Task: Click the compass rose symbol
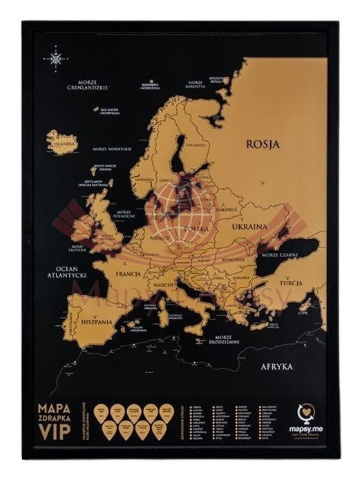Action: [55, 58]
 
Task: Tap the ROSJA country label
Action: [262, 144]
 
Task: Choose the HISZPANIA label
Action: [85, 322]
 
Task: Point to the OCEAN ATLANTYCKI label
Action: [61, 271]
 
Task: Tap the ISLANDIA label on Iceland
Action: [61, 144]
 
